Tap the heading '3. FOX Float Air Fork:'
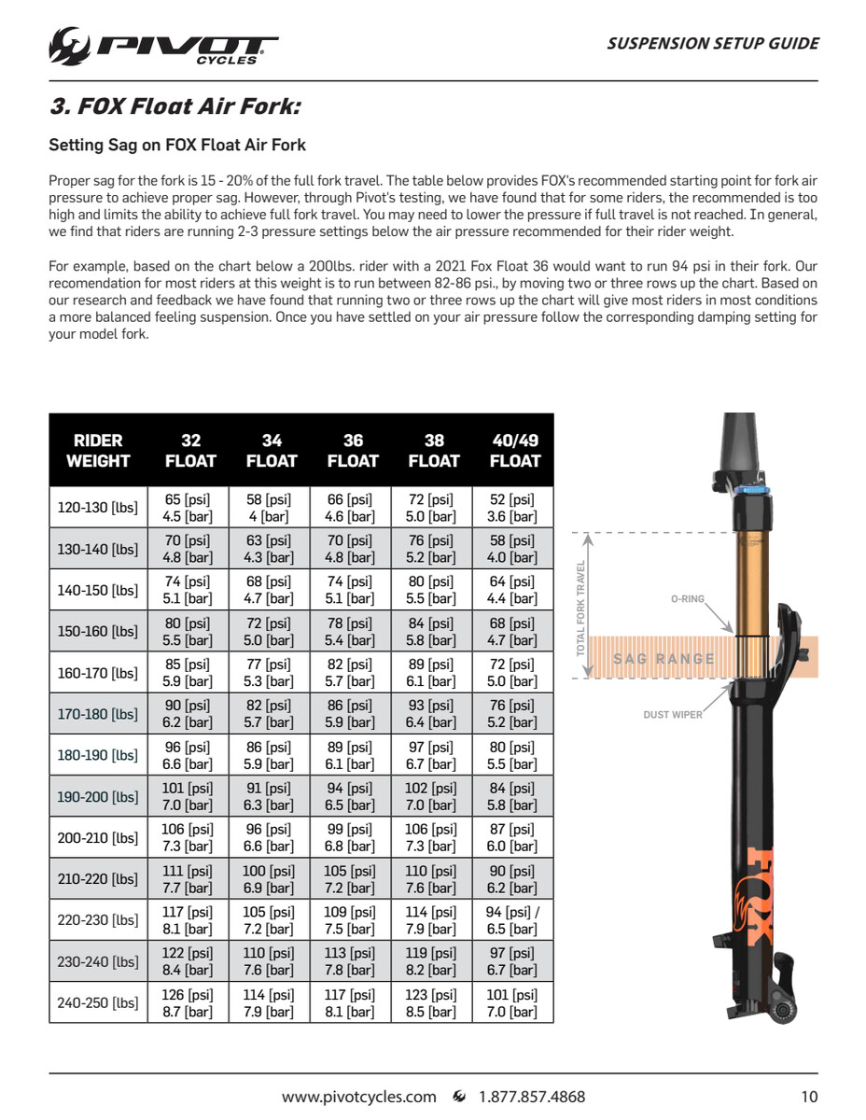pyautogui.click(x=175, y=106)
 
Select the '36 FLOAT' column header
pyautogui.click(x=353, y=450)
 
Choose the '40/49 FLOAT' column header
pyautogui.click(x=514, y=450)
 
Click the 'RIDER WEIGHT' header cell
pyautogui.click(x=98, y=450)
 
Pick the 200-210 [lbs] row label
pyautogui.click(x=98, y=838)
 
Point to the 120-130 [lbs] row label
pyautogui.click(x=98, y=508)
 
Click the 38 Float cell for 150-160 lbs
pyautogui.click(x=433, y=631)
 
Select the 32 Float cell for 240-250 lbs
pyautogui.click(x=188, y=1003)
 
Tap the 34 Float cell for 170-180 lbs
pyautogui.click(x=271, y=714)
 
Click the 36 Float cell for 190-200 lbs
pyautogui.click(x=352, y=796)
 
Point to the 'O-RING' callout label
pyautogui.click(x=688, y=598)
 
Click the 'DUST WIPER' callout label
pyautogui.click(x=673, y=715)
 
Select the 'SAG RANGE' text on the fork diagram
pyautogui.click(x=663, y=659)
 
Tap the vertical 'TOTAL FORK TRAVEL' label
pyautogui.click(x=581, y=609)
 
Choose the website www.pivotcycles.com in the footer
pyautogui.click(x=358, y=1097)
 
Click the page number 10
pyautogui.click(x=809, y=1097)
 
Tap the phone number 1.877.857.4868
pyautogui.click(x=532, y=1097)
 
